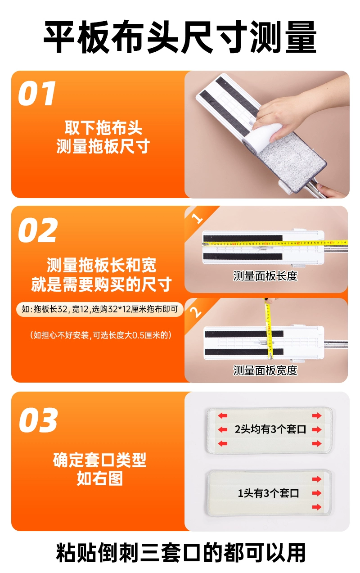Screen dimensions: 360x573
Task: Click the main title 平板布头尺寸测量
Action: pyautogui.click(x=180, y=37)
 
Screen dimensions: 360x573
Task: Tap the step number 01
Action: pyautogui.click(x=36, y=93)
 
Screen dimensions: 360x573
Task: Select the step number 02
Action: pyautogui.click(x=37, y=230)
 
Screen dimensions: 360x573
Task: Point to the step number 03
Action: pyautogui.click(x=38, y=420)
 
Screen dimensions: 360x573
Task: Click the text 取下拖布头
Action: pyautogui.click(x=103, y=128)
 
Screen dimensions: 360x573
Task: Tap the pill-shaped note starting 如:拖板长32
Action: pyautogui.click(x=100, y=309)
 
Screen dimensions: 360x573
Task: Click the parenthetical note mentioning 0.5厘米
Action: pyautogui.click(x=101, y=335)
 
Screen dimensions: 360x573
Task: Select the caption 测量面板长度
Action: pyautogui.click(x=265, y=276)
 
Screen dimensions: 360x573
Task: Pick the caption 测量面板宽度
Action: pyautogui.click(x=265, y=370)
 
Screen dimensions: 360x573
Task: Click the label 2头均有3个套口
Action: pyautogui.click(x=270, y=429)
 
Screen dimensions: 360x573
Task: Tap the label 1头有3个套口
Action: pyautogui.click(x=268, y=493)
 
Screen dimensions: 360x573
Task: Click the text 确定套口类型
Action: pyautogui.click(x=100, y=460)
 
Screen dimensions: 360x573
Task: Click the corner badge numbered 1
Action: pyautogui.click(x=198, y=219)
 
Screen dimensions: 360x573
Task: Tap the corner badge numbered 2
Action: pyautogui.click(x=196, y=311)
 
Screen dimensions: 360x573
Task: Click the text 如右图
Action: pyautogui.click(x=100, y=478)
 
